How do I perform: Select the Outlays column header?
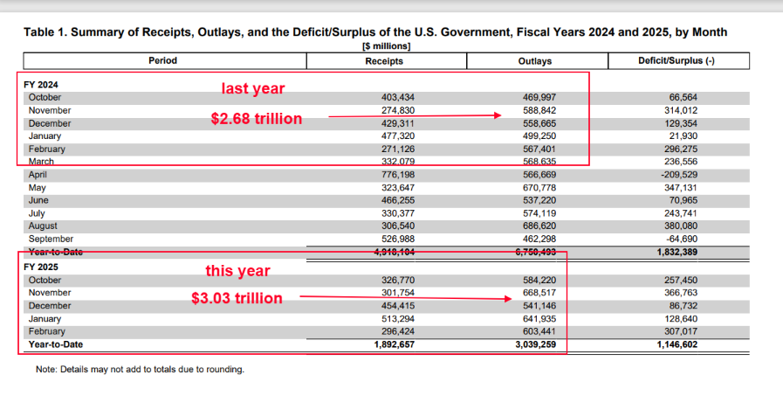click(x=535, y=61)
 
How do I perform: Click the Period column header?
click(x=163, y=61)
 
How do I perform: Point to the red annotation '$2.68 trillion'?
click(x=257, y=119)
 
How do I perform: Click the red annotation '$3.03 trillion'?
click(x=237, y=299)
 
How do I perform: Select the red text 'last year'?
click(x=252, y=89)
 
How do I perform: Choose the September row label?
click(x=52, y=239)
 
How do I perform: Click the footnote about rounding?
click(x=140, y=370)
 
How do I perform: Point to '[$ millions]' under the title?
click(x=386, y=46)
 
